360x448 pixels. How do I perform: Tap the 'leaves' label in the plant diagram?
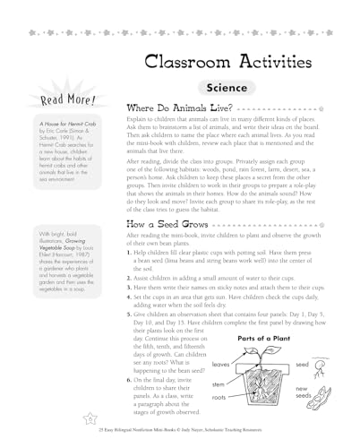[222, 365]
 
